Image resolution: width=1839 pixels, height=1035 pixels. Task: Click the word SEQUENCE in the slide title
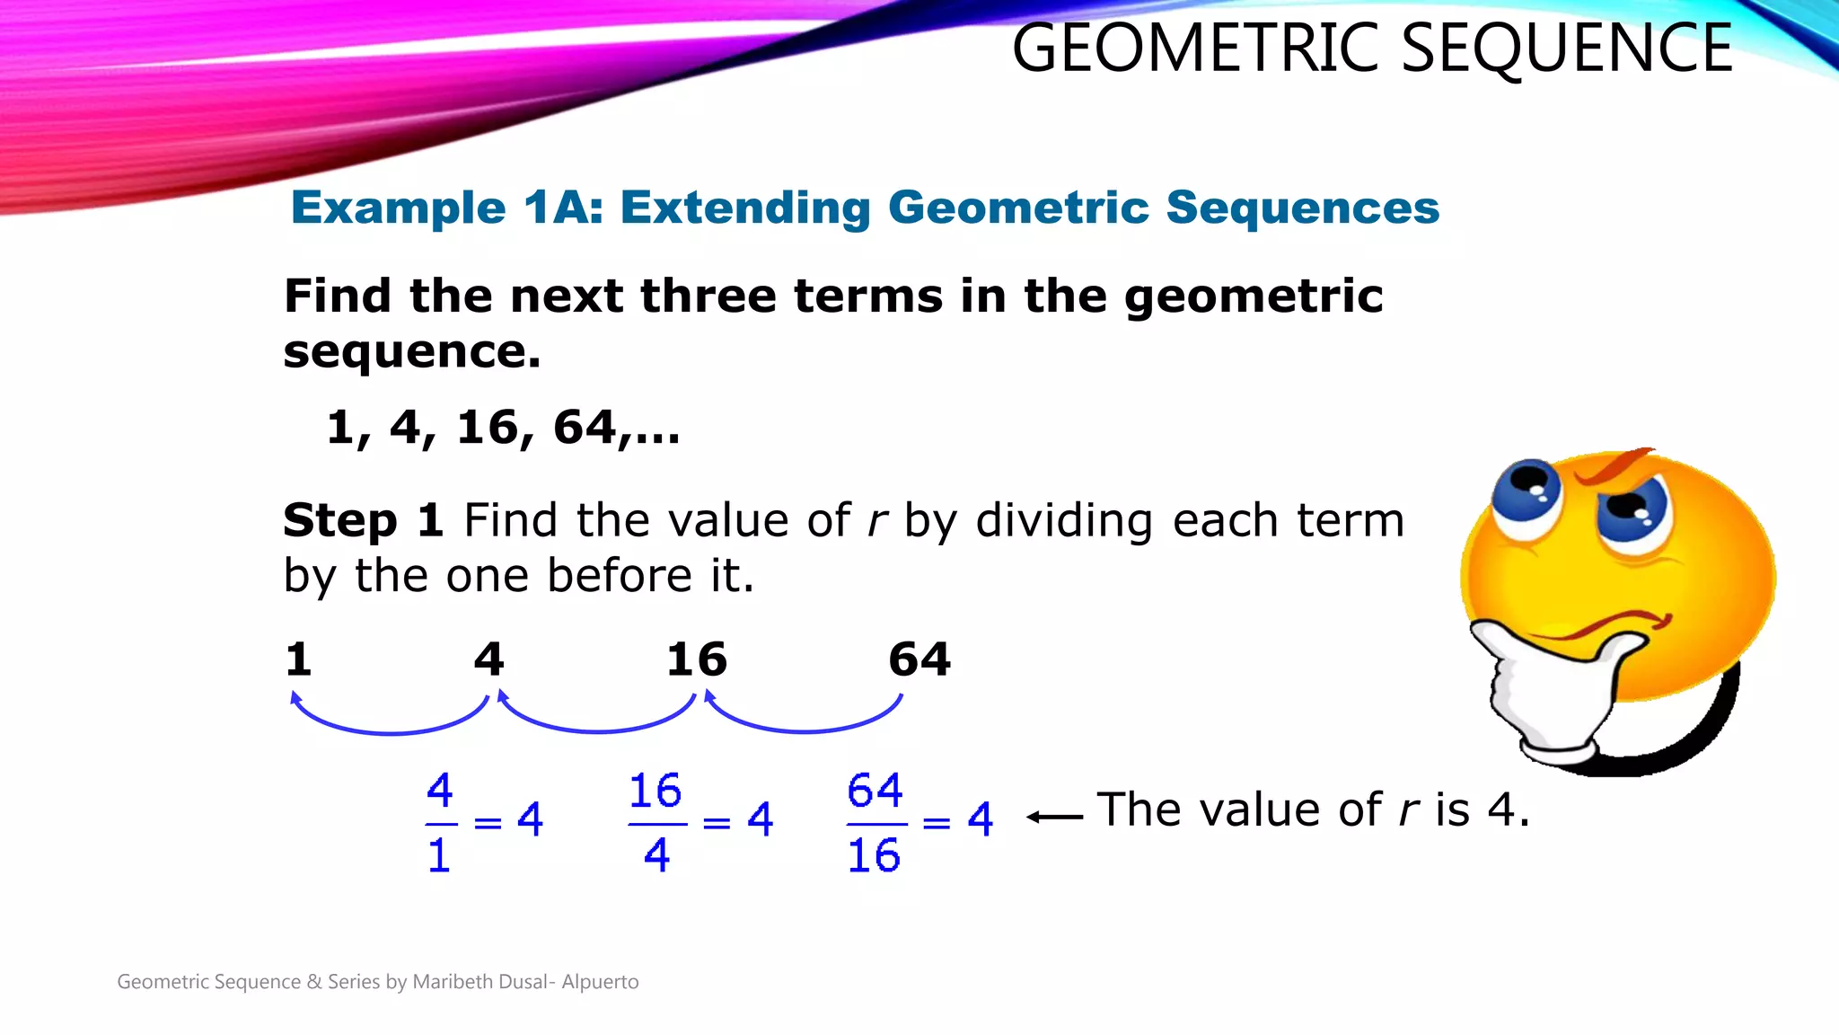1566,49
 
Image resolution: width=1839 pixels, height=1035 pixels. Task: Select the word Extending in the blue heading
745,209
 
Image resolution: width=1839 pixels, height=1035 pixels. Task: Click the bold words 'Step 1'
363,520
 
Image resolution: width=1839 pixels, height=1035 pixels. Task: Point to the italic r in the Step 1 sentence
877,522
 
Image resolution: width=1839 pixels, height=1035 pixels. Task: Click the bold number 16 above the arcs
696,659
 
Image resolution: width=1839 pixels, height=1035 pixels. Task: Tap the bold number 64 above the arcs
919,659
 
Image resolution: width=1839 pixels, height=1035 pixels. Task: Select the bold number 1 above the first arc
298,659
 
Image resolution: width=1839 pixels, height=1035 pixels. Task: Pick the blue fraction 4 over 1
439,822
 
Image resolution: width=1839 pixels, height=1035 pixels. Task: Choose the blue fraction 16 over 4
656,822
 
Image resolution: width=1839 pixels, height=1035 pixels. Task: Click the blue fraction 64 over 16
875,822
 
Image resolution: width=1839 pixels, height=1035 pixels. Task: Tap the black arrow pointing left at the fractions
1054,817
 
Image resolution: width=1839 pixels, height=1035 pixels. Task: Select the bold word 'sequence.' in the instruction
412,351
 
